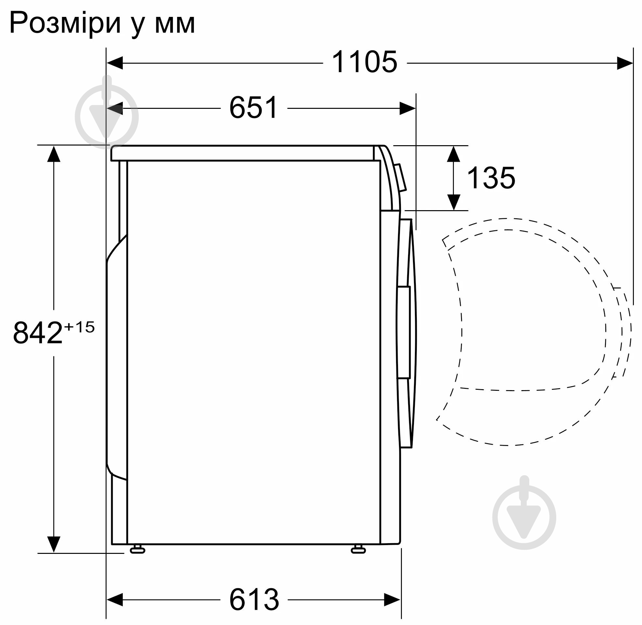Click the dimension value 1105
tap(364, 62)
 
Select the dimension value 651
tap(253, 108)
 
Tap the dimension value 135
tap(491, 178)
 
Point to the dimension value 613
tap(254, 599)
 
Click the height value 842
tap(37, 333)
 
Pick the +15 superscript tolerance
tap(79, 327)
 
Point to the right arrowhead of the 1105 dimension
tap(624, 63)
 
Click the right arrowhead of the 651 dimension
tap(407, 108)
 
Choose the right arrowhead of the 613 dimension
tap(392, 600)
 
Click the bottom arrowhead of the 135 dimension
tap(453, 202)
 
